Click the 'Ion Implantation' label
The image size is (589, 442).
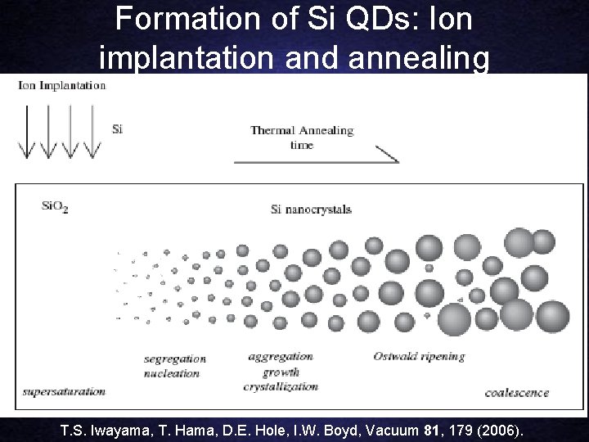click(x=62, y=85)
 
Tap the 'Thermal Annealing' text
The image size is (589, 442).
click(x=302, y=130)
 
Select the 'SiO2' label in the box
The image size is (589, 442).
click(x=55, y=208)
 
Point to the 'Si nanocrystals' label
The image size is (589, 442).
click(x=311, y=210)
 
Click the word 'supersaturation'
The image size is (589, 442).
click(x=65, y=391)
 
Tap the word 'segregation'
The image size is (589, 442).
click(x=174, y=359)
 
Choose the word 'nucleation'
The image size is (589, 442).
click(x=172, y=373)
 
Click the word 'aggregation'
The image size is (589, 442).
click(x=280, y=356)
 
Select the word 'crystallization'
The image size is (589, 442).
click(x=283, y=385)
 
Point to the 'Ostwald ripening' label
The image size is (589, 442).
click(x=419, y=356)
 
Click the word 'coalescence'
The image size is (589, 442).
click(x=517, y=392)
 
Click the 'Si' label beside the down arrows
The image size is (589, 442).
click(x=117, y=129)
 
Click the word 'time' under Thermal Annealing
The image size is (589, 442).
click(x=302, y=145)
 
